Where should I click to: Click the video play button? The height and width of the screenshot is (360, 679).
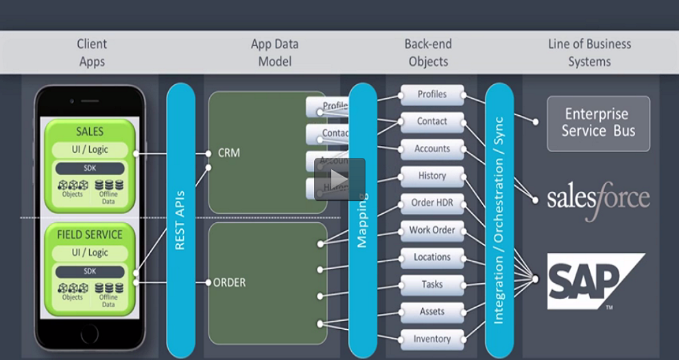(339, 179)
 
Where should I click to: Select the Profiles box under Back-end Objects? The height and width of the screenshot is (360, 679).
(431, 95)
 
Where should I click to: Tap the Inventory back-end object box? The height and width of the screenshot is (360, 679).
(431, 339)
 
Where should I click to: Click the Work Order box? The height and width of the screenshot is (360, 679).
(431, 230)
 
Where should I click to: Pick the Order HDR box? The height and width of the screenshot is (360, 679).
(431, 203)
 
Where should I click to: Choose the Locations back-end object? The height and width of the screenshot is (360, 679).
(431, 257)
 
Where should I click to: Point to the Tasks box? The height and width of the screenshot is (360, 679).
(431, 285)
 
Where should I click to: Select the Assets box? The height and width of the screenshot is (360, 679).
(431, 311)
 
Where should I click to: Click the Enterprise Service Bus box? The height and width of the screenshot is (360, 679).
(598, 123)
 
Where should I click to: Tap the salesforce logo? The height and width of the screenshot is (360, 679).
(598, 199)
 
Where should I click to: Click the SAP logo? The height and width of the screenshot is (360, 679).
(594, 280)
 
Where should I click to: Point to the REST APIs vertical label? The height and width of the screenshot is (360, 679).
(180, 220)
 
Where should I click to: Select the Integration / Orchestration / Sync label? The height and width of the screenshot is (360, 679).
(499, 220)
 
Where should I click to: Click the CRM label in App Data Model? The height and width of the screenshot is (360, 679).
(228, 153)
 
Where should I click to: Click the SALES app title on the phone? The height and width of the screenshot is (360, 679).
(90, 131)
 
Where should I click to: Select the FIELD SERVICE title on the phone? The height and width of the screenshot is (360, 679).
(90, 235)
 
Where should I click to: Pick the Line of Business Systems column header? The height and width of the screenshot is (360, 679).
(589, 53)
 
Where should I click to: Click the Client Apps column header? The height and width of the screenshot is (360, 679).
(92, 53)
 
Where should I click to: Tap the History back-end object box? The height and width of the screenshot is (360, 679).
(431, 176)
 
